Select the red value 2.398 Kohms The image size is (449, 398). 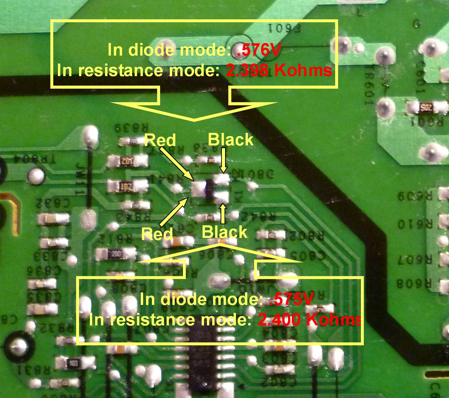point(279,71)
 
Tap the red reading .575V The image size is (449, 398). point(291,299)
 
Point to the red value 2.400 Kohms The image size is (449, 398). point(310,320)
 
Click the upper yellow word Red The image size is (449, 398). point(160,140)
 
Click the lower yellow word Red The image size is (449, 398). point(157,234)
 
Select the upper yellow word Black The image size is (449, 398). point(230,139)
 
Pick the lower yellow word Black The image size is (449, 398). point(225,232)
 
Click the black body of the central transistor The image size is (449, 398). point(210,189)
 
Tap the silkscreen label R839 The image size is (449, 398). point(132,128)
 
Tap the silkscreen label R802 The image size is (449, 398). point(306,236)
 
